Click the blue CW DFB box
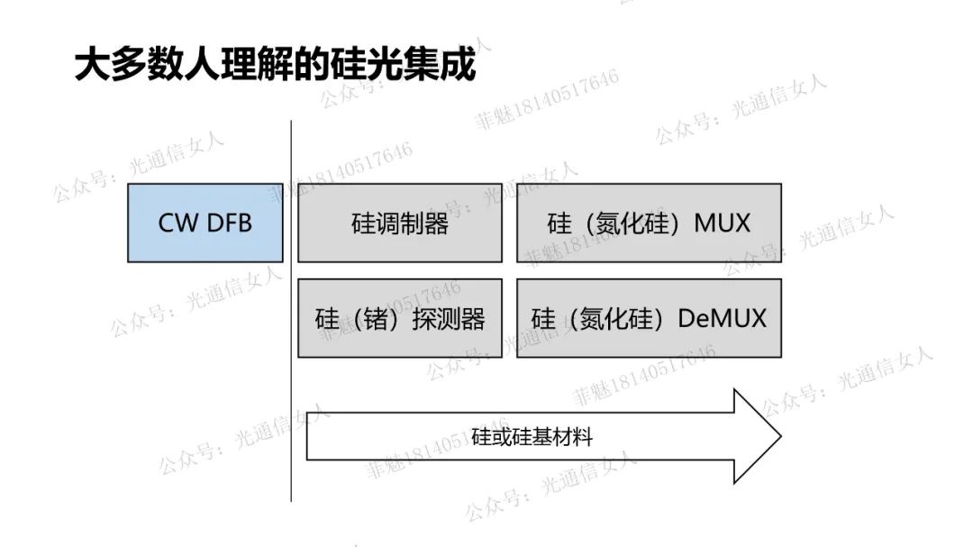[x=205, y=223]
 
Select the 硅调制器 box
[x=399, y=223]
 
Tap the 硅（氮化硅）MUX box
[x=649, y=223]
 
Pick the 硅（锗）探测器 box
[x=399, y=318]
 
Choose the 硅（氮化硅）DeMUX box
[x=649, y=318]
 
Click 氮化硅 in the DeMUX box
[x=619, y=319]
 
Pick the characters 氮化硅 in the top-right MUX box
[x=634, y=223]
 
